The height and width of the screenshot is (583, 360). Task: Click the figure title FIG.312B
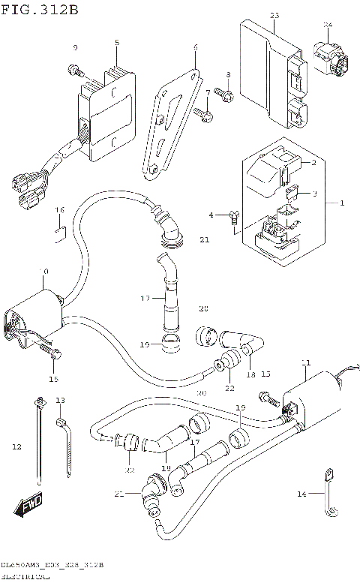click(x=39, y=8)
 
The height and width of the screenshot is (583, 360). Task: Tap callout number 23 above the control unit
click(x=274, y=16)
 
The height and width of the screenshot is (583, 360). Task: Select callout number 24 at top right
click(x=327, y=25)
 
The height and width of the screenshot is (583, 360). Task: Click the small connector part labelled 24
click(x=330, y=61)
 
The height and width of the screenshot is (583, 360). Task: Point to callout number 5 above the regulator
click(x=117, y=43)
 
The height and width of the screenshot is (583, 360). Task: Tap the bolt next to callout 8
click(x=223, y=95)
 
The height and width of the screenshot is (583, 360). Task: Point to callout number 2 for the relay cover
click(x=315, y=162)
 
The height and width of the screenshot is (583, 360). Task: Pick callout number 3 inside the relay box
click(x=315, y=194)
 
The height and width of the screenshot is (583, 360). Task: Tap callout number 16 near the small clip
click(x=60, y=209)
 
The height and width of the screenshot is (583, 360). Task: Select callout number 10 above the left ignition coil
click(x=44, y=271)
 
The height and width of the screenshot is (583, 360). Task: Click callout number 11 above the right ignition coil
click(x=305, y=363)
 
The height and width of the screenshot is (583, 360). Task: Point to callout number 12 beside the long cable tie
click(x=16, y=447)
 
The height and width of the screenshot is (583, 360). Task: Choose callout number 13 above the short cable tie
click(x=60, y=400)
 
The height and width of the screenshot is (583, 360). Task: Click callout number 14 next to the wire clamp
click(x=302, y=493)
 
